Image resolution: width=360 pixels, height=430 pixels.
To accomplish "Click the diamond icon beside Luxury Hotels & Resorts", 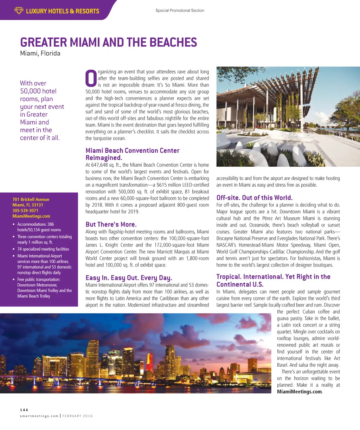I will tap(19, 11).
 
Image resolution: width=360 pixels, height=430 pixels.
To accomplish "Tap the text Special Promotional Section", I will tap(180, 11).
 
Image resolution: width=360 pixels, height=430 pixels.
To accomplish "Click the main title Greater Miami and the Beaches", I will tap(108, 43).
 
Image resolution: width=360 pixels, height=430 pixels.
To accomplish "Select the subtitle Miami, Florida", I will tap(40, 53).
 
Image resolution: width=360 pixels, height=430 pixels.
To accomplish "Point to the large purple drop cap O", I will tap(91, 79).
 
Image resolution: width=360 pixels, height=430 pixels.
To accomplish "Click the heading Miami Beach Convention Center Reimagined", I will tap(132, 154).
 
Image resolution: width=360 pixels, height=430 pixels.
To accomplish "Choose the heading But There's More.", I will tap(111, 224).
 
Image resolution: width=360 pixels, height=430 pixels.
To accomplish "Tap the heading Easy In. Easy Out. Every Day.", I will tap(129, 278).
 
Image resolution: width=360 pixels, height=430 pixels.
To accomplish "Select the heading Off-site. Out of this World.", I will tap(254, 198).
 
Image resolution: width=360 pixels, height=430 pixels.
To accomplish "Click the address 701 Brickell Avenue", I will tap(31, 199).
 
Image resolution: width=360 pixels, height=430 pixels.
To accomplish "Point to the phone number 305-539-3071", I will tap(25, 211).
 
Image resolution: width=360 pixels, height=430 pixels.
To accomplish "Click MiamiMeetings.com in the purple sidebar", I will tap(31, 216).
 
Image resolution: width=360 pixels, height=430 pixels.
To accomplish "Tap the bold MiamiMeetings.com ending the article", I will tap(299, 392).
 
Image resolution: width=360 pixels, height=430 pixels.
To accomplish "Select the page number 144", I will tap(24, 410).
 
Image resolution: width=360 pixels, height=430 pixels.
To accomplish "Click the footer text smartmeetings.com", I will tap(39, 416).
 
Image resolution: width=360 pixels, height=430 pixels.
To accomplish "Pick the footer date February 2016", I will tap(78, 416).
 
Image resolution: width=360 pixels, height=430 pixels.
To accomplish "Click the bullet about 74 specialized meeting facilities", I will tap(43, 249).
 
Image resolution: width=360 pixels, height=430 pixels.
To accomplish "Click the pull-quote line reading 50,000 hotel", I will tap(38, 91).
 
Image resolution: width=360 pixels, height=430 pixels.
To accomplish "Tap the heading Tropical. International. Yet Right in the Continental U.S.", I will tap(273, 281).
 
